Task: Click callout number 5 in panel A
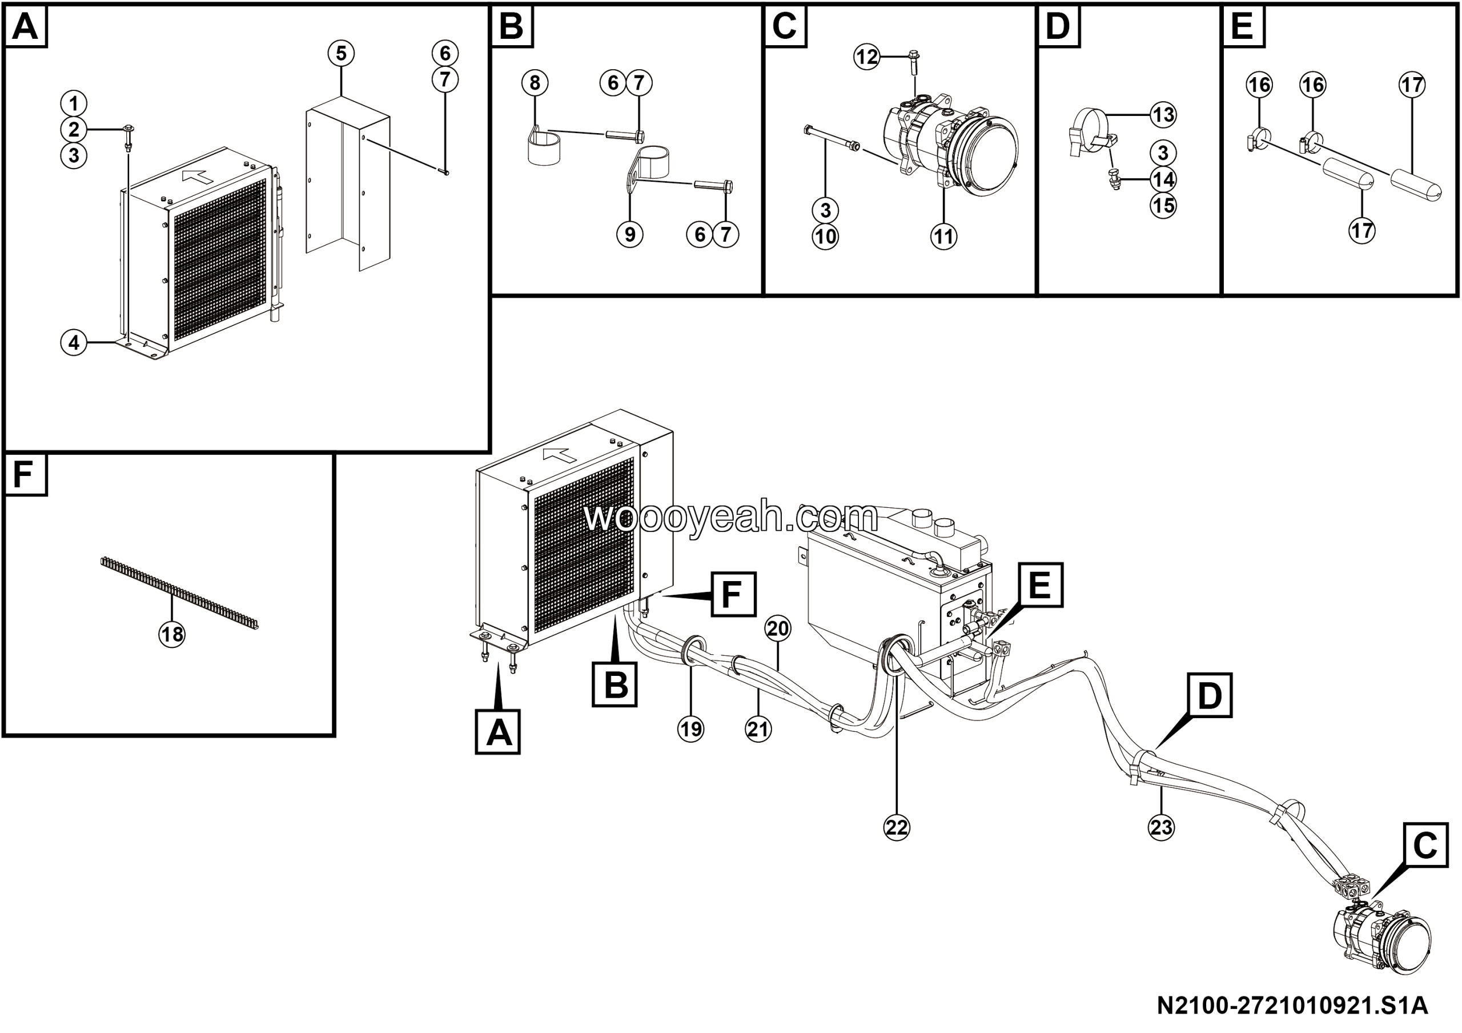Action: tap(342, 54)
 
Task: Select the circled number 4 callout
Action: tap(74, 343)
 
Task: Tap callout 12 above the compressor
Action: tap(866, 57)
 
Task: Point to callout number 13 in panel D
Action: tap(1163, 115)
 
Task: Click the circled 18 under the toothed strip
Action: tap(172, 634)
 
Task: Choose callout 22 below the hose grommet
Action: tap(897, 827)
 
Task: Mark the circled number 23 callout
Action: tap(1161, 827)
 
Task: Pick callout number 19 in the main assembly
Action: tap(691, 728)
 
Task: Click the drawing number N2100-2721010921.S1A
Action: tap(1292, 1006)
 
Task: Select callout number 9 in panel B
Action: tap(630, 235)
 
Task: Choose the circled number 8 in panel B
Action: tap(535, 83)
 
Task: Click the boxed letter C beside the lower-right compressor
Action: tap(1424, 845)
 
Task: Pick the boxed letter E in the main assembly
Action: tap(1040, 584)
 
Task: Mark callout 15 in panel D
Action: tap(1163, 206)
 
